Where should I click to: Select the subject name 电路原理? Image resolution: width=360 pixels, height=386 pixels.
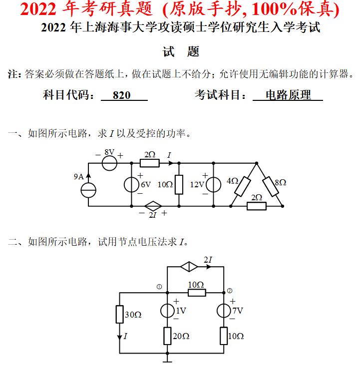(288, 95)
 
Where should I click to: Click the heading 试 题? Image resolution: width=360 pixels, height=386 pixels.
(181, 51)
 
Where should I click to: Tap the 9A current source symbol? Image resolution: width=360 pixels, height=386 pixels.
(89, 190)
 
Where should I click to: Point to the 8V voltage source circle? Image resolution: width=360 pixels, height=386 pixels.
(109, 163)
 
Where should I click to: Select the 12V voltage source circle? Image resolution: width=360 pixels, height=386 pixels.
(213, 185)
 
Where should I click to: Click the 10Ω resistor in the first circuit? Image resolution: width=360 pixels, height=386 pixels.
(179, 184)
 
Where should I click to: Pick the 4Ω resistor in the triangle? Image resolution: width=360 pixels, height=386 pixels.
(243, 186)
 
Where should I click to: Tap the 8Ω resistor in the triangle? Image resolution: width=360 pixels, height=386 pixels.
(270, 186)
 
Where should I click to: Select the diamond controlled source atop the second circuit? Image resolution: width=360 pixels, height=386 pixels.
(188, 267)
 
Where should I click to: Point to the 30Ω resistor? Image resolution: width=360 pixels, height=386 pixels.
(119, 315)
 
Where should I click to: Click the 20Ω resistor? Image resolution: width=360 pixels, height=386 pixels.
(167, 336)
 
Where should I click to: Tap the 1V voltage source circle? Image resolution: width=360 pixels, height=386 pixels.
(167, 311)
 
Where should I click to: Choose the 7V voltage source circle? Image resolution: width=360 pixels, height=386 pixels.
(224, 311)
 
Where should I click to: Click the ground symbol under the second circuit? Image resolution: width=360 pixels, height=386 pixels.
(167, 357)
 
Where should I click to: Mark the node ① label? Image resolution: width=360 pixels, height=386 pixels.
(159, 287)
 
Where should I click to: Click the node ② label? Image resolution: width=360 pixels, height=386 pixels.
(229, 291)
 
